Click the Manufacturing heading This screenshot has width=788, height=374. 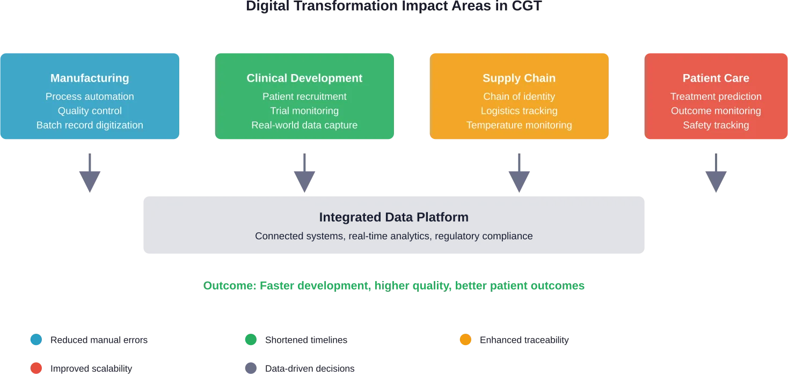(90, 78)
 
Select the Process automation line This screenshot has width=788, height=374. (90, 97)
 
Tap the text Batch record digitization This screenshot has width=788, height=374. (90, 125)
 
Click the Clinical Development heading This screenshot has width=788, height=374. (304, 78)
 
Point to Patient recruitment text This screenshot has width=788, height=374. (304, 97)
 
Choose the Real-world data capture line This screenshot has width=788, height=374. (304, 125)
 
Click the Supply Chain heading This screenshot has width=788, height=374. (519, 78)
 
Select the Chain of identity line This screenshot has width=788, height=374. (519, 97)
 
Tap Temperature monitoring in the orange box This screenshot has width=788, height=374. (519, 125)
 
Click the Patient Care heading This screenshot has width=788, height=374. (716, 78)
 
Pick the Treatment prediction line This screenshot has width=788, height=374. (716, 97)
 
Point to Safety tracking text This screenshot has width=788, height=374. (716, 125)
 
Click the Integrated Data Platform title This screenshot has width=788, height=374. (393, 217)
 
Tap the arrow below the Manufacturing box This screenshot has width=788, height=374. (90, 172)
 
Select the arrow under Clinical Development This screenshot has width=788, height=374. (305, 172)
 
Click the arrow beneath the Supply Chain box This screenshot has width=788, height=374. (520, 172)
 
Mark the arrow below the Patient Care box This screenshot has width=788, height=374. (716, 172)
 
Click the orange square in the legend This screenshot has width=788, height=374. (465, 340)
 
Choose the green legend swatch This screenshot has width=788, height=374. (251, 340)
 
